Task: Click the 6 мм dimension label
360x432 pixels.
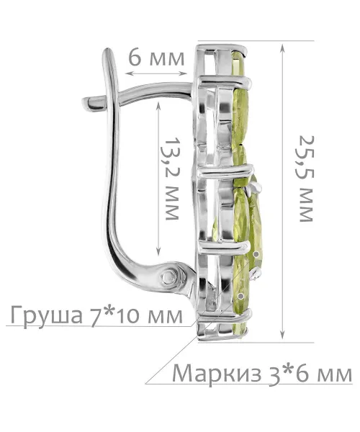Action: pos(156,58)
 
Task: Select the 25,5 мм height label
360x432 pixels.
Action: pos(306,179)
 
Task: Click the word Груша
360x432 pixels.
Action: pos(47,315)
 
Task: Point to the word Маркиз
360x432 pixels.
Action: pos(217,374)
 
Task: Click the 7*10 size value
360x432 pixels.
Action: pos(116,315)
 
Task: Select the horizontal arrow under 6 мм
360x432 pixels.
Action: pos(156,73)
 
